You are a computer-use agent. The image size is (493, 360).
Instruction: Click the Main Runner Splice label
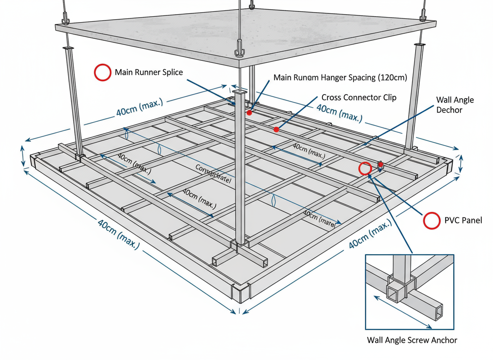point(149,72)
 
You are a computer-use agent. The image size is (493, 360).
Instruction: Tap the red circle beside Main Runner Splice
point(102,72)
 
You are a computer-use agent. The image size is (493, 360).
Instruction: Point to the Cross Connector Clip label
point(359,97)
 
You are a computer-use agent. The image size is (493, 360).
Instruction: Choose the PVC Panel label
point(463,220)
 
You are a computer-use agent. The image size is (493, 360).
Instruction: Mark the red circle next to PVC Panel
point(431,220)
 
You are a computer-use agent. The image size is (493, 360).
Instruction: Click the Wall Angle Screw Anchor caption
point(412,340)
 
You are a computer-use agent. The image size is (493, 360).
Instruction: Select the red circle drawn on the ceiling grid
point(365,168)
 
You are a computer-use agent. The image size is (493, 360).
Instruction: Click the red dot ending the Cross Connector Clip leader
point(276,130)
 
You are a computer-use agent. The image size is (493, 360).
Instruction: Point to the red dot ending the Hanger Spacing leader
point(249,112)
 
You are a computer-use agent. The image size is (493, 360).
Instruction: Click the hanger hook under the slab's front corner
point(239,47)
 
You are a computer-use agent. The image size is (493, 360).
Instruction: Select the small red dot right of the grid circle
point(381,165)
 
